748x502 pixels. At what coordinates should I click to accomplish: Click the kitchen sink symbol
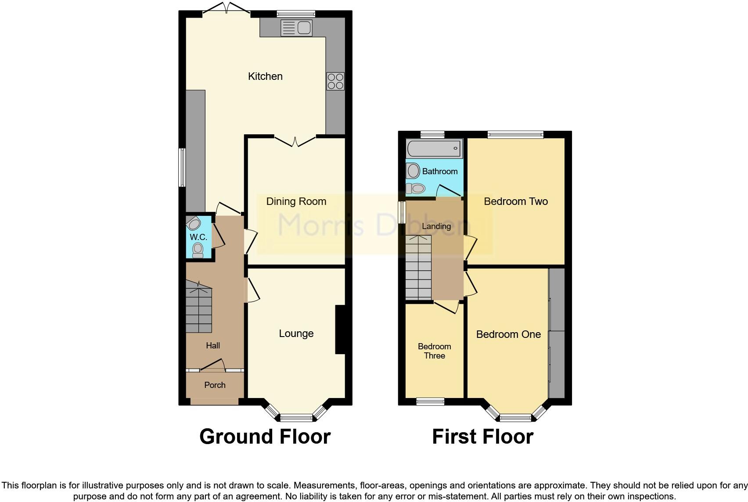(x=296, y=28)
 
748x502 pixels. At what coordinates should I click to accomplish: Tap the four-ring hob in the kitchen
(x=335, y=82)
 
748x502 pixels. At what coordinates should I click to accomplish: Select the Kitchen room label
(x=265, y=76)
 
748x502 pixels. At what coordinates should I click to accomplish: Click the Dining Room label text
(x=296, y=201)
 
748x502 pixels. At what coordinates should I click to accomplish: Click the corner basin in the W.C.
(x=193, y=223)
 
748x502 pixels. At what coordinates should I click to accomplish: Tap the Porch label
(x=215, y=385)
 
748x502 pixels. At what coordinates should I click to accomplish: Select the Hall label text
(x=213, y=346)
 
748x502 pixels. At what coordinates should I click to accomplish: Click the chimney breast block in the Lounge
(x=340, y=330)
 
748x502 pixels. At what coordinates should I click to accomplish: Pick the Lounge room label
(x=296, y=333)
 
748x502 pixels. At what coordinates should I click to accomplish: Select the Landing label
(x=436, y=226)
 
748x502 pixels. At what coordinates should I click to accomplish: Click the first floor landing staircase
(x=418, y=268)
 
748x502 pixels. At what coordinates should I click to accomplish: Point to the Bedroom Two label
(x=516, y=201)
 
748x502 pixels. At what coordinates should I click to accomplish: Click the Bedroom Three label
(x=434, y=351)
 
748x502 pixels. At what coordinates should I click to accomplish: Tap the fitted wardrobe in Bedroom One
(x=557, y=333)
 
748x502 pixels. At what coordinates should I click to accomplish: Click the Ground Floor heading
(x=265, y=437)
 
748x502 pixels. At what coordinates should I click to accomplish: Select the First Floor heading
(x=482, y=437)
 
